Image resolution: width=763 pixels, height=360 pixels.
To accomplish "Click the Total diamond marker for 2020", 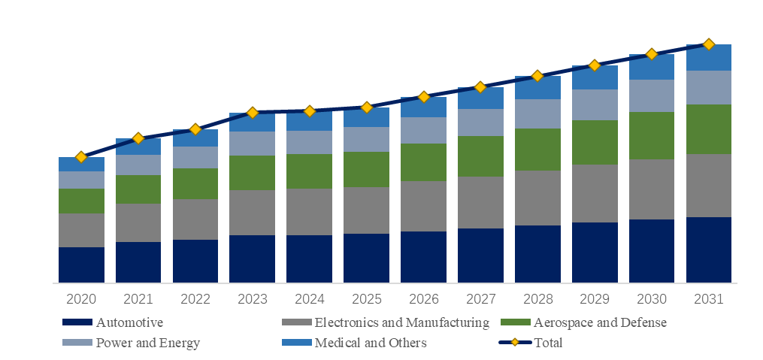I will point(81,157).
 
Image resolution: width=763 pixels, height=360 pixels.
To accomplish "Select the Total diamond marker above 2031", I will point(708,44).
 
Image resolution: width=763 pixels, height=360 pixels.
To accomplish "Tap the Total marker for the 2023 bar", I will point(253,113).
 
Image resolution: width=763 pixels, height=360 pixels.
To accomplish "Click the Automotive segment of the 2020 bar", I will point(81,265).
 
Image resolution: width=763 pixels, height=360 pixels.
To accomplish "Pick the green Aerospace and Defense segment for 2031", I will point(708,129).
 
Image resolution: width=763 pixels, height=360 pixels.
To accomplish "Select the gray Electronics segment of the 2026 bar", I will point(423,206).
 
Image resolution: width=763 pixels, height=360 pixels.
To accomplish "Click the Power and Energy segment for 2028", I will point(537,113).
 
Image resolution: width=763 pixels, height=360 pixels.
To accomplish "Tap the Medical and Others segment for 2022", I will point(195,138).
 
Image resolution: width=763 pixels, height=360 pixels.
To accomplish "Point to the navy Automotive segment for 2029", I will point(595,253).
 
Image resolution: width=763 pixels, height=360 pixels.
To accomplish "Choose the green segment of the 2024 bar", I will point(309,171).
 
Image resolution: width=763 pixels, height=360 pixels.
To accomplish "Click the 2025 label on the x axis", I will point(366,299).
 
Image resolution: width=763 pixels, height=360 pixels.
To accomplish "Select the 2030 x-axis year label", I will point(651,299).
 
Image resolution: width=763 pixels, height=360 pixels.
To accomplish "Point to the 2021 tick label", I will point(138,299).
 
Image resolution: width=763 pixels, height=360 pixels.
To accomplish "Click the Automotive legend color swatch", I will point(77,323).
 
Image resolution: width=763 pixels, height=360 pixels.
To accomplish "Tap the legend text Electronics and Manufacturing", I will point(401,323).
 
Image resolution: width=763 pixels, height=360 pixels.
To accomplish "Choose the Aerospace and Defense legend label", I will point(600,323).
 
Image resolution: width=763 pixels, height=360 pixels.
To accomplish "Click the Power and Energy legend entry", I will point(147,343).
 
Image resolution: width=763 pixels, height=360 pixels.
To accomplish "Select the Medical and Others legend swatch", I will point(295,343).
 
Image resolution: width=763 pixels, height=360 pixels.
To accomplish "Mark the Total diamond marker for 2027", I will point(480,87).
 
